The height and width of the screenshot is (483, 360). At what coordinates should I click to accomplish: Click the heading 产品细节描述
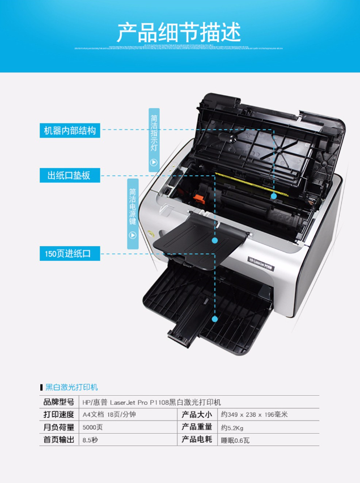tap(179, 32)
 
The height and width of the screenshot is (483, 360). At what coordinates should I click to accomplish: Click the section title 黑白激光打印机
tap(71, 387)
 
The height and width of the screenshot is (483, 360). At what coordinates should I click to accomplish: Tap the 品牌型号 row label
tap(59, 402)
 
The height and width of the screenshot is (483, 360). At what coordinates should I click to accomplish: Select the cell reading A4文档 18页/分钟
tap(109, 414)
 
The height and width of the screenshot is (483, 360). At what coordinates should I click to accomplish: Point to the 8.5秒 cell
tap(90, 439)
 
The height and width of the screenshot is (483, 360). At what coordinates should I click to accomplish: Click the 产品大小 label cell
tap(196, 414)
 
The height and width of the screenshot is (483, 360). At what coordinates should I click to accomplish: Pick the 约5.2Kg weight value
tap(232, 427)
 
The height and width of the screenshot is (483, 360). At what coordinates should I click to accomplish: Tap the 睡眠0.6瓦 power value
tap(235, 439)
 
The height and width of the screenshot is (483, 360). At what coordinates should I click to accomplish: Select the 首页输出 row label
tap(59, 439)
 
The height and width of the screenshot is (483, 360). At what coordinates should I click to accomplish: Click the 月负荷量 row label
tap(59, 427)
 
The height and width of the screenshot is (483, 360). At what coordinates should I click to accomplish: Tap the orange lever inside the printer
tap(198, 199)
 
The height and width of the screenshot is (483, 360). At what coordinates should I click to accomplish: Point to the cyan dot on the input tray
tap(215, 319)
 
